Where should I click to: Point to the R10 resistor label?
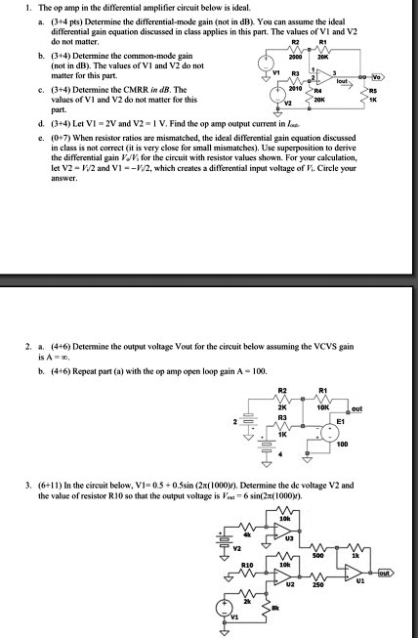(247, 564)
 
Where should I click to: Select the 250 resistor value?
(316, 585)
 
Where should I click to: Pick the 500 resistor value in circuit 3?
(317, 554)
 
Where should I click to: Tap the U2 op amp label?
(288, 584)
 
